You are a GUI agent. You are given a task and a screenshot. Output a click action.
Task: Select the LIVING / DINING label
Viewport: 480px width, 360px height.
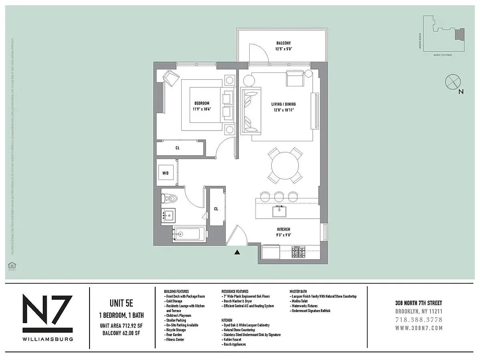coord(283,104)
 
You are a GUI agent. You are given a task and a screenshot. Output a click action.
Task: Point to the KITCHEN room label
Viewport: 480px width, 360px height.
coord(283,229)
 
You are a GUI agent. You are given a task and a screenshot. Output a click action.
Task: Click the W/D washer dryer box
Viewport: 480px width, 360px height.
coord(166,173)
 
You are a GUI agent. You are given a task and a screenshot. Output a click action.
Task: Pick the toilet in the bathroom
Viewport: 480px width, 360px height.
coord(170,197)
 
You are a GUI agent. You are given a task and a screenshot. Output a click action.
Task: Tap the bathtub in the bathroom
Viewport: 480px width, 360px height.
coord(189,234)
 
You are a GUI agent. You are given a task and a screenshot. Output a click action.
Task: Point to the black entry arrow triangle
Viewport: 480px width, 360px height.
coord(238,252)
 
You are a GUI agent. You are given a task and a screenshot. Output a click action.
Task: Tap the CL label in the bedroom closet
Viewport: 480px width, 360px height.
coord(178,147)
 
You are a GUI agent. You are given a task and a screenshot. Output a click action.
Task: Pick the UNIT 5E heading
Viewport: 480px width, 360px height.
coord(120,303)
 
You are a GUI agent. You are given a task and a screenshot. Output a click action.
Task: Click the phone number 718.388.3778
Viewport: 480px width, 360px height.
coord(418,320)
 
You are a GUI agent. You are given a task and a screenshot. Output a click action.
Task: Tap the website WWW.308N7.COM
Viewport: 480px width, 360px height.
coord(418,328)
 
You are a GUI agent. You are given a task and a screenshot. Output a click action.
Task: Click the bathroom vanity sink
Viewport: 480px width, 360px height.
coord(169,215)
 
